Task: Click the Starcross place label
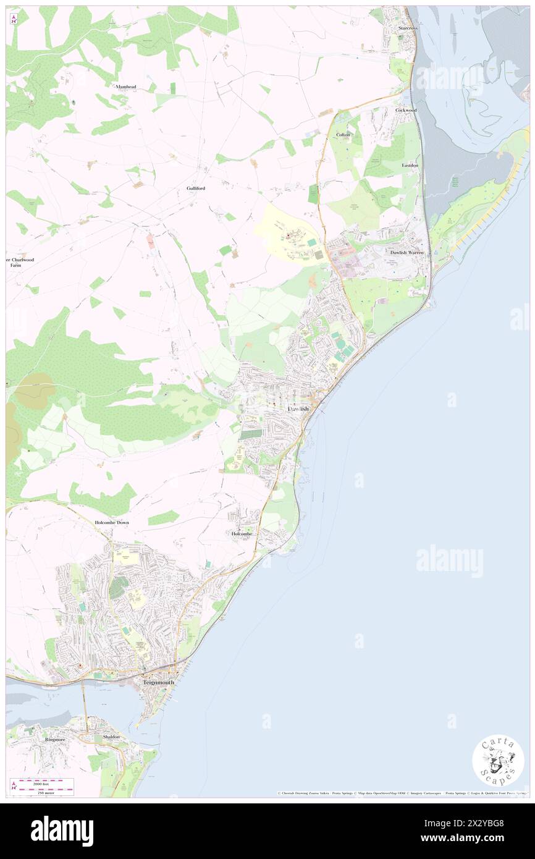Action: click(x=408, y=28)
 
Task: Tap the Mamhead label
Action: click(x=125, y=88)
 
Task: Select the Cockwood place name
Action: click(x=406, y=110)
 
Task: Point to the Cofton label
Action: click(x=343, y=135)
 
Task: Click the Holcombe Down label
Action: click(x=112, y=523)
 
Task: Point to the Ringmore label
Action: click(x=55, y=739)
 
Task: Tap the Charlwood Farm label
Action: click(x=21, y=262)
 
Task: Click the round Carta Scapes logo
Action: click(x=498, y=761)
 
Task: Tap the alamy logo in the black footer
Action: click(x=62, y=831)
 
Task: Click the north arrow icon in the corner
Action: click(x=14, y=20)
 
